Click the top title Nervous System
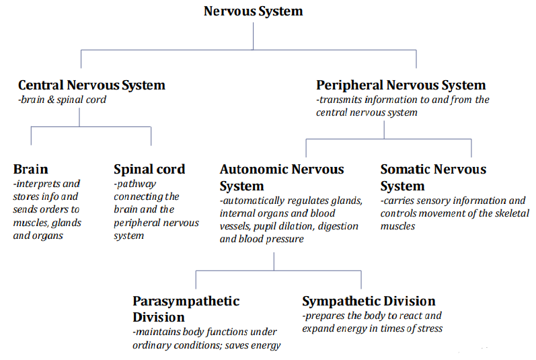pyautogui.click(x=254, y=11)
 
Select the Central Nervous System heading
pyautogui.click(x=91, y=85)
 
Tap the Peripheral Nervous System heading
pyautogui.click(x=401, y=85)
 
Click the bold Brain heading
pyautogui.click(x=31, y=169)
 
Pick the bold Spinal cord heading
pyautogui.click(x=149, y=169)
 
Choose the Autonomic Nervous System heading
pyautogui.click(x=282, y=177)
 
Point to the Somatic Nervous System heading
pyautogui.click(x=433, y=177)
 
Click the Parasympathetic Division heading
pyautogui.click(x=186, y=308)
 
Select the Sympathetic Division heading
pyautogui.click(x=369, y=301)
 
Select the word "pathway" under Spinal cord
pyautogui.click(x=137, y=184)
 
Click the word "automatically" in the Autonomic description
pyautogui.click(x=255, y=201)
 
